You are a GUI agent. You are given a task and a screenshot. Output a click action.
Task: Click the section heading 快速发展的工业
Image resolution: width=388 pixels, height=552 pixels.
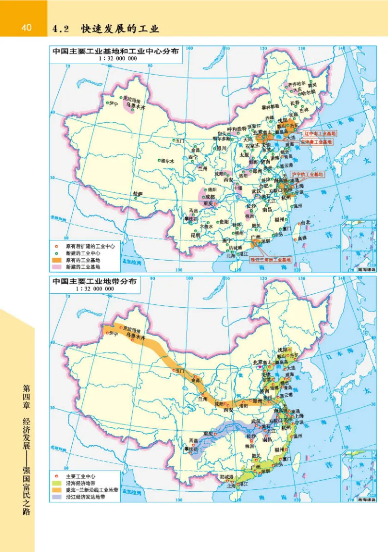(x=120, y=29)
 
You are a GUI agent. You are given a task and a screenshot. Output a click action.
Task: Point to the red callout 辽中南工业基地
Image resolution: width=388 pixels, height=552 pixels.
(x=320, y=133)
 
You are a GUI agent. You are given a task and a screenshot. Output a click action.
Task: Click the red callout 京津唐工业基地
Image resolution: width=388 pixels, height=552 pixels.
(x=317, y=142)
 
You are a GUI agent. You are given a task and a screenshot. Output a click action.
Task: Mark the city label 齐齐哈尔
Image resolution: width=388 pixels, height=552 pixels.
(x=299, y=84)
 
